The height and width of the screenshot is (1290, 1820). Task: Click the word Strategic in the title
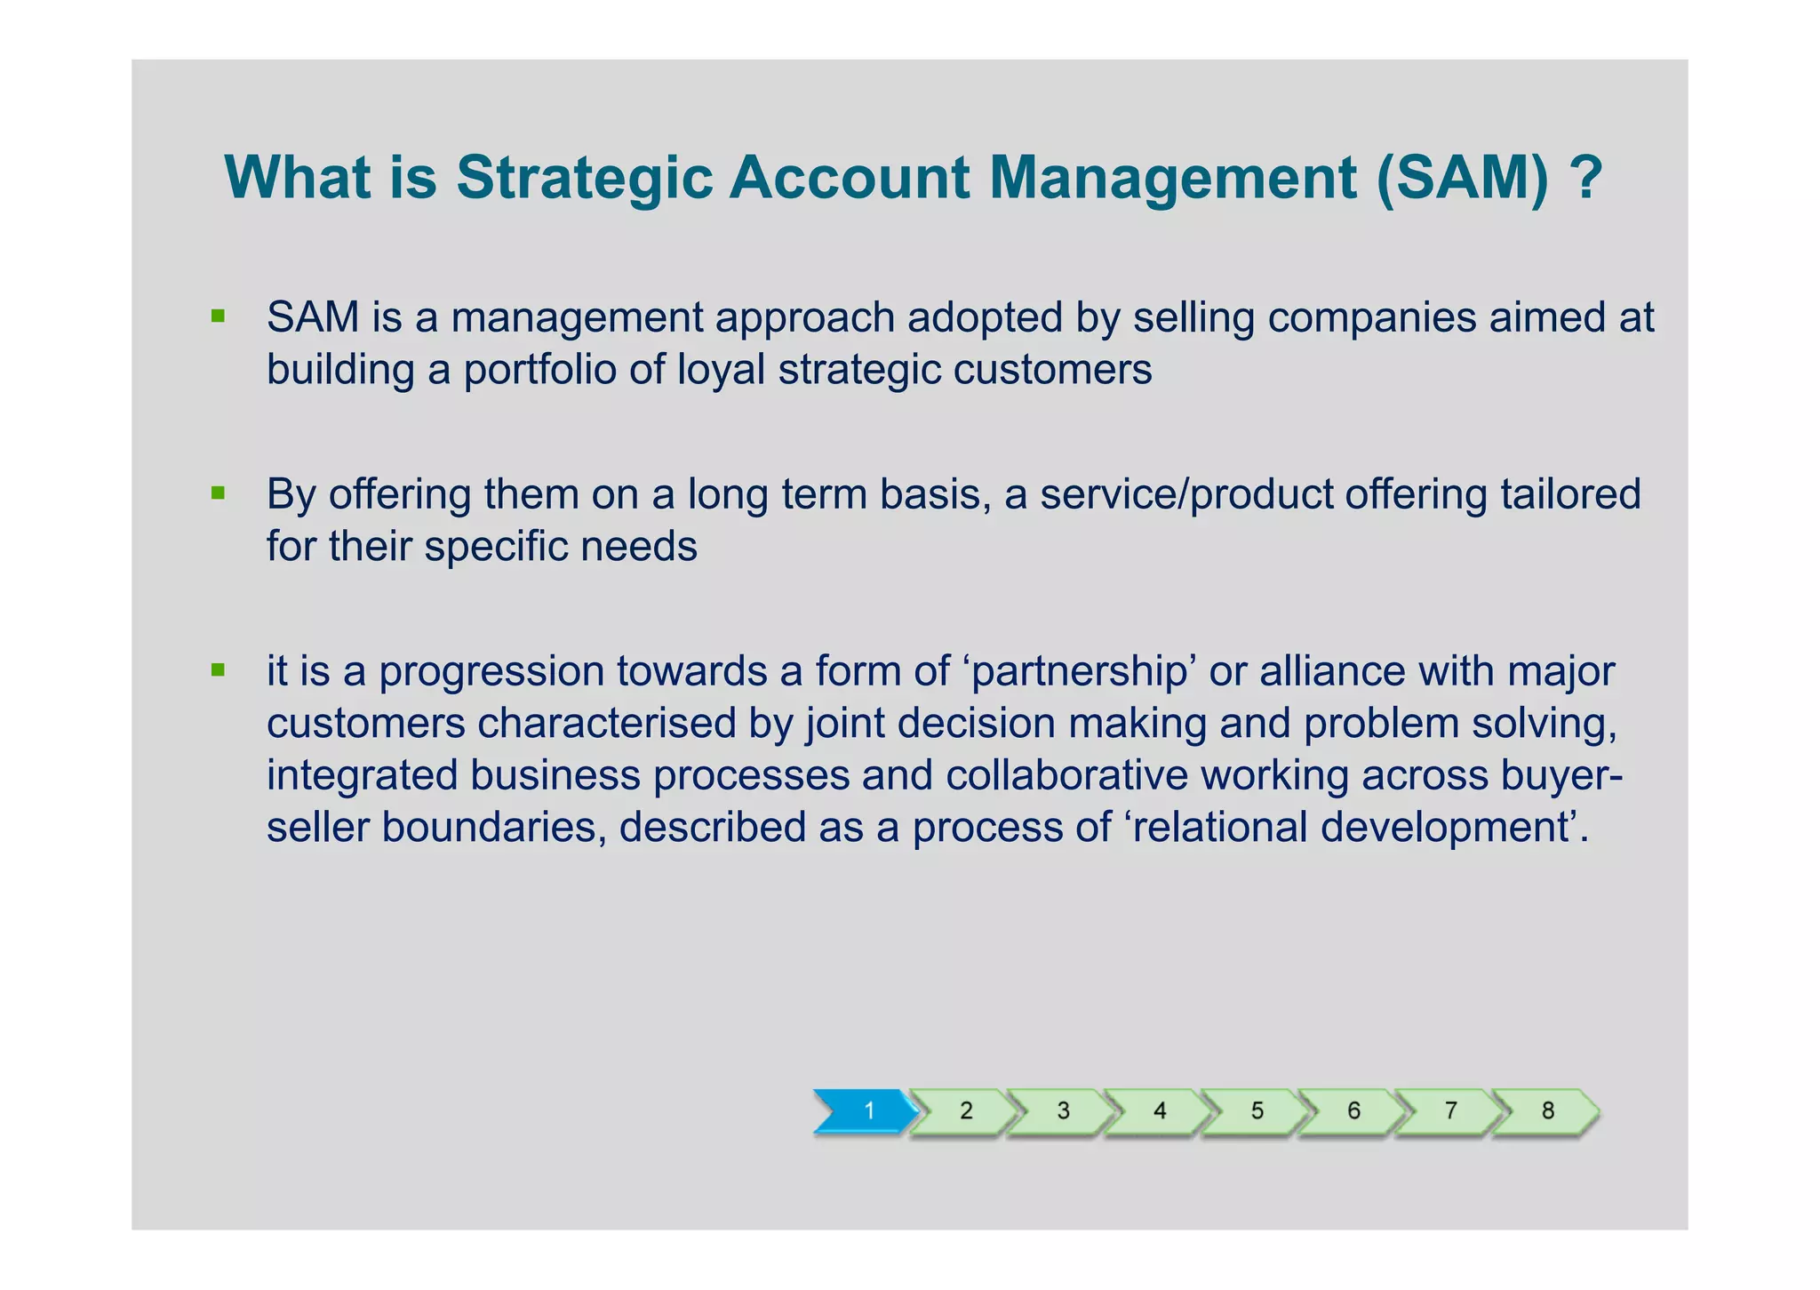pyautogui.click(x=585, y=178)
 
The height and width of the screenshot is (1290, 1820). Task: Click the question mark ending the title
pyautogui.click(x=1586, y=178)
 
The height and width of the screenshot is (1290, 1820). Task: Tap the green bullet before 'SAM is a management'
pyautogui.click(x=218, y=316)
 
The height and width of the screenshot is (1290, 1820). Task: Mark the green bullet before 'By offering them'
pyautogui.click(x=218, y=493)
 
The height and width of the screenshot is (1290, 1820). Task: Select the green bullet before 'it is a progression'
pyautogui.click(x=218, y=669)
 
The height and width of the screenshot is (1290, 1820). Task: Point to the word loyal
pyautogui.click(x=721, y=370)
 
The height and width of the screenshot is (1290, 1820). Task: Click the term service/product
pyautogui.click(x=1186, y=494)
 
